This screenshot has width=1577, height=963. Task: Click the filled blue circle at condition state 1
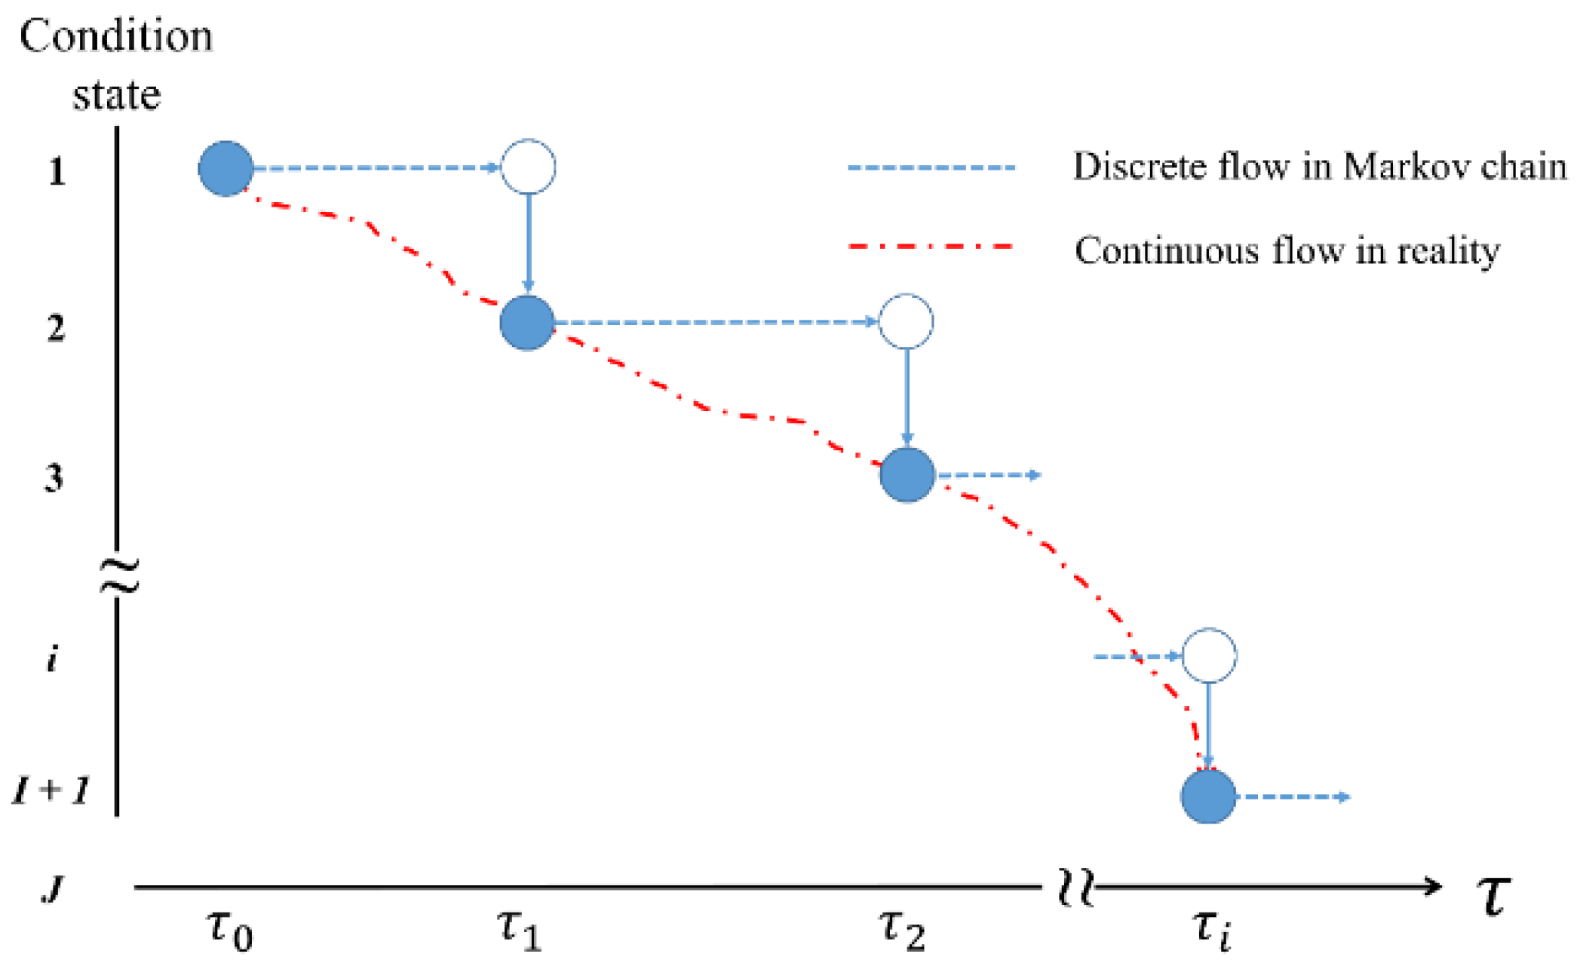coord(226,168)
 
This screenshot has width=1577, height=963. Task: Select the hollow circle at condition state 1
coord(529,167)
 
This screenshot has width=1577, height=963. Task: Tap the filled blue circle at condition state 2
coord(527,323)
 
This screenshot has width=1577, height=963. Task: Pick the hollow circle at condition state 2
coord(907,321)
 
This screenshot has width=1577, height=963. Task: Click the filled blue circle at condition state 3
coord(907,475)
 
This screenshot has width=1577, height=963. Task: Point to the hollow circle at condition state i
coord(1209,655)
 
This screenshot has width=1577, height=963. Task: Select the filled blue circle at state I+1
coord(1208,796)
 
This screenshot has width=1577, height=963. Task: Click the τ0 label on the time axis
coord(230,928)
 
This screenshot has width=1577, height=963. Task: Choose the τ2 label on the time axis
coord(902,928)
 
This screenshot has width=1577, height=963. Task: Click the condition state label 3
coord(54,478)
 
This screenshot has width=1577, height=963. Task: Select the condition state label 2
coord(56,328)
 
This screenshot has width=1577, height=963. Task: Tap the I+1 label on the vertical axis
coord(51,790)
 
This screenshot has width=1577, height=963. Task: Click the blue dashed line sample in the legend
coord(931,167)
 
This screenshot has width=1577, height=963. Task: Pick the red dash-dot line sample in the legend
coord(931,247)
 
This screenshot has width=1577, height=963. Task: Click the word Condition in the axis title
coord(116,36)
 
